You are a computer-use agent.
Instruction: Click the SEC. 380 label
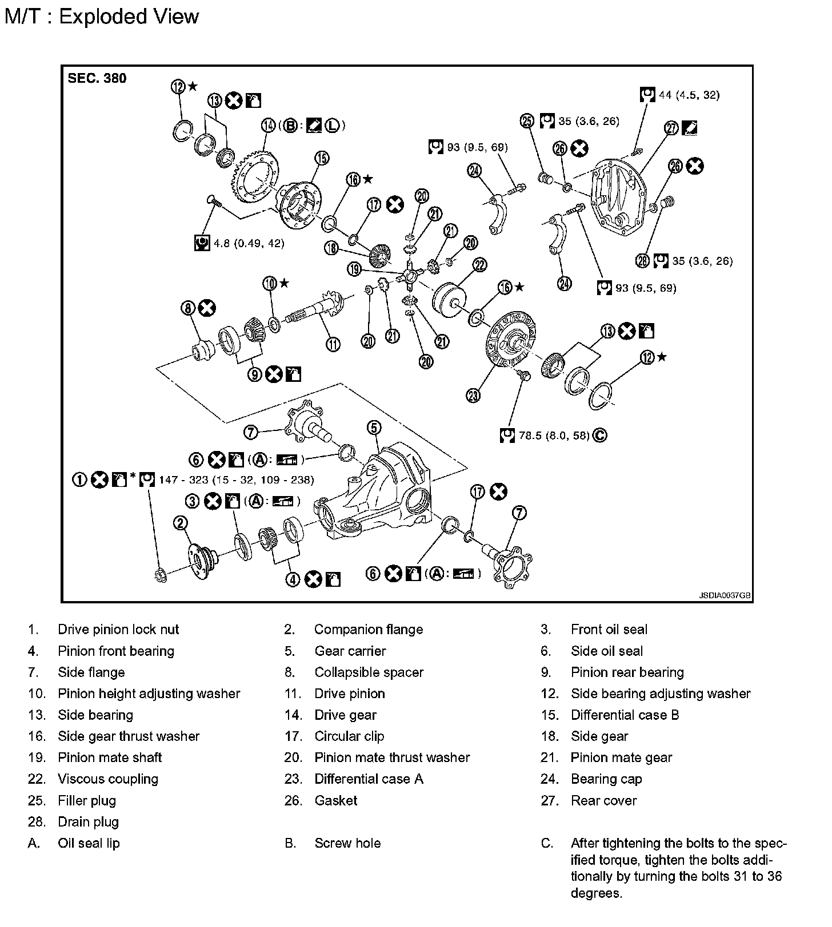pyautogui.click(x=97, y=78)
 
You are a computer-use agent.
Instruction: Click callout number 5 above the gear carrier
pyautogui.click(x=374, y=428)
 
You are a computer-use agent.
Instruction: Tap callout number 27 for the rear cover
pyautogui.click(x=671, y=128)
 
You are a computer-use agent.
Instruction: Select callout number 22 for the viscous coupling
pyautogui.click(x=479, y=265)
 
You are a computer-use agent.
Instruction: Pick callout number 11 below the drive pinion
pyautogui.click(x=333, y=344)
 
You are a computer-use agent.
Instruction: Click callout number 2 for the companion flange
pyautogui.click(x=181, y=522)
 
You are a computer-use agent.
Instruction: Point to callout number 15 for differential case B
pyautogui.click(x=322, y=158)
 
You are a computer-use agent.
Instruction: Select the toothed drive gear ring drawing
pyautogui.click(x=254, y=174)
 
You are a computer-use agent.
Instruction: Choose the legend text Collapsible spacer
pyautogui.click(x=369, y=672)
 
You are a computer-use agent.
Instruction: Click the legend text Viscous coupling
pyautogui.click(x=108, y=779)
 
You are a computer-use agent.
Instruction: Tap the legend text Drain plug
pyautogui.click(x=88, y=822)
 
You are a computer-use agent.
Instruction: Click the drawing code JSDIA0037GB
pyautogui.click(x=725, y=595)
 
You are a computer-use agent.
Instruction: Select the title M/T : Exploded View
pyautogui.click(x=102, y=16)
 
